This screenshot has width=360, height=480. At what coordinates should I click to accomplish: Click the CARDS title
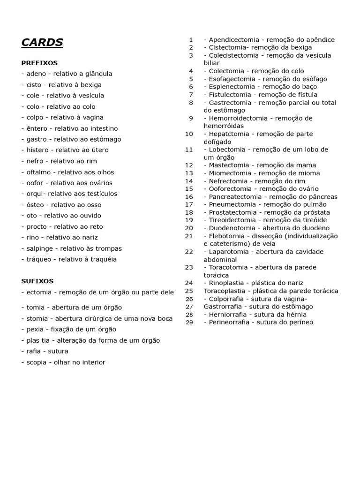(42, 43)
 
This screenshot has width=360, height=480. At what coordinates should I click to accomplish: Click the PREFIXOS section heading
(39, 63)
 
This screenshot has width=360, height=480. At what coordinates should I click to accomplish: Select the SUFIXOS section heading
(37, 281)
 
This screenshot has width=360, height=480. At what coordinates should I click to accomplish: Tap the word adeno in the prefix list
(37, 74)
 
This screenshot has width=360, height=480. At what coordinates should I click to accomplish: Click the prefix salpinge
(40, 248)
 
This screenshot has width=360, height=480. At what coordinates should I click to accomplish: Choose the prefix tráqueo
(39, 259)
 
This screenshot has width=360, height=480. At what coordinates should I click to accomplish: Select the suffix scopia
(37, 362)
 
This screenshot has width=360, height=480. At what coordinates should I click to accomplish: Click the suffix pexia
(36, 330)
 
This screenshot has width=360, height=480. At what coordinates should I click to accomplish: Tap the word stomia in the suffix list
(37, 319)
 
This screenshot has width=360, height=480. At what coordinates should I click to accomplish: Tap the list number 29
(189, 322)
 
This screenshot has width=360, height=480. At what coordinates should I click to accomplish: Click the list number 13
(189, 173)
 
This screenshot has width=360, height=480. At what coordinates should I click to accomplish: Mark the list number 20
(189, 228)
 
